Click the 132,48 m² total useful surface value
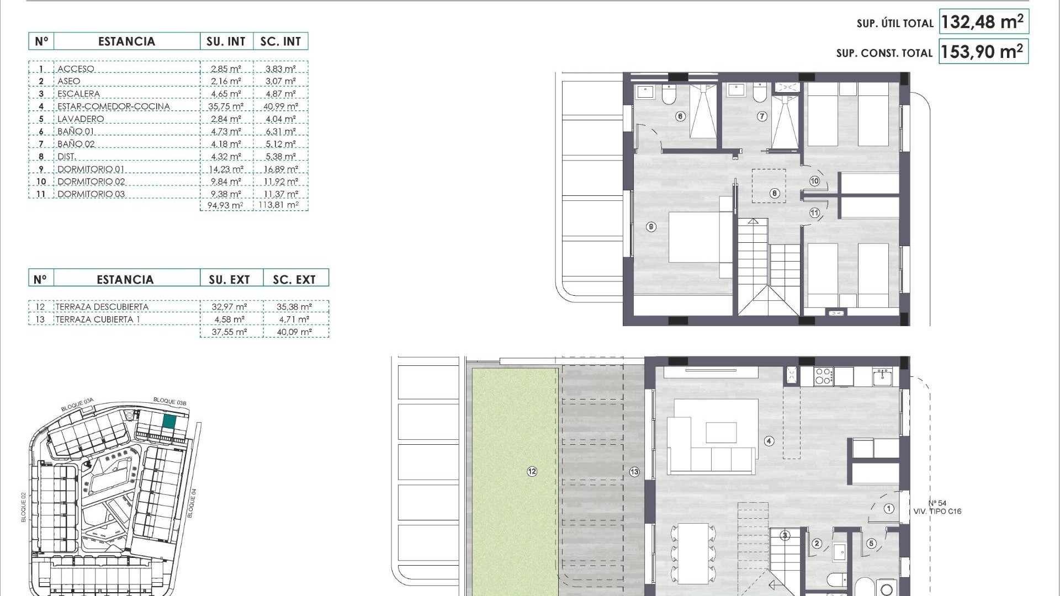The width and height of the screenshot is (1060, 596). click(983, 22)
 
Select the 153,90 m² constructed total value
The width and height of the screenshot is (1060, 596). click(983, 52)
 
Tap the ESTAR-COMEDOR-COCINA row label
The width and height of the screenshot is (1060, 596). click(114, 107)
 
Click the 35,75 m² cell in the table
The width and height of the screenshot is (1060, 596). click(226, 107)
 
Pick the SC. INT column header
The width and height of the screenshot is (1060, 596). click(280, 41)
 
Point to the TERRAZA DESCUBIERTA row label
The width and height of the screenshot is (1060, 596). click(102, 307)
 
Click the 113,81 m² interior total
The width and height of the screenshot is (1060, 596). click(279, 205)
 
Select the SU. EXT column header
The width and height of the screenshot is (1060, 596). click(229, 280)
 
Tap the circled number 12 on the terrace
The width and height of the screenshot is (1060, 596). click(532, 471)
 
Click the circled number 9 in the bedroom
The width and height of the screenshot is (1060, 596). click(651, 227)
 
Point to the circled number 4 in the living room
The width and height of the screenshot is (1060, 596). click(769, 441)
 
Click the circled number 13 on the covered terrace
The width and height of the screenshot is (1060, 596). click(634, 472)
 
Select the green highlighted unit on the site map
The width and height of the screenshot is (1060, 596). click(169, 422)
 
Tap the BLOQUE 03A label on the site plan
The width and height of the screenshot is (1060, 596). click(77, 405)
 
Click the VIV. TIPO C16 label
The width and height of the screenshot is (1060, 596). click(937, 512)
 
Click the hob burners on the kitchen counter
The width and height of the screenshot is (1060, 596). click(823, 376)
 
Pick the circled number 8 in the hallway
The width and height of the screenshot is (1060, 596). click(775, 193)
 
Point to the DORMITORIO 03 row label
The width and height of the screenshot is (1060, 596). click(91, 194)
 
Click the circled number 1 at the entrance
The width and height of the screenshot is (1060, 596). click(889, 509)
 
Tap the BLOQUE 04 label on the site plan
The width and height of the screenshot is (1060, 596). click(192, 503)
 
